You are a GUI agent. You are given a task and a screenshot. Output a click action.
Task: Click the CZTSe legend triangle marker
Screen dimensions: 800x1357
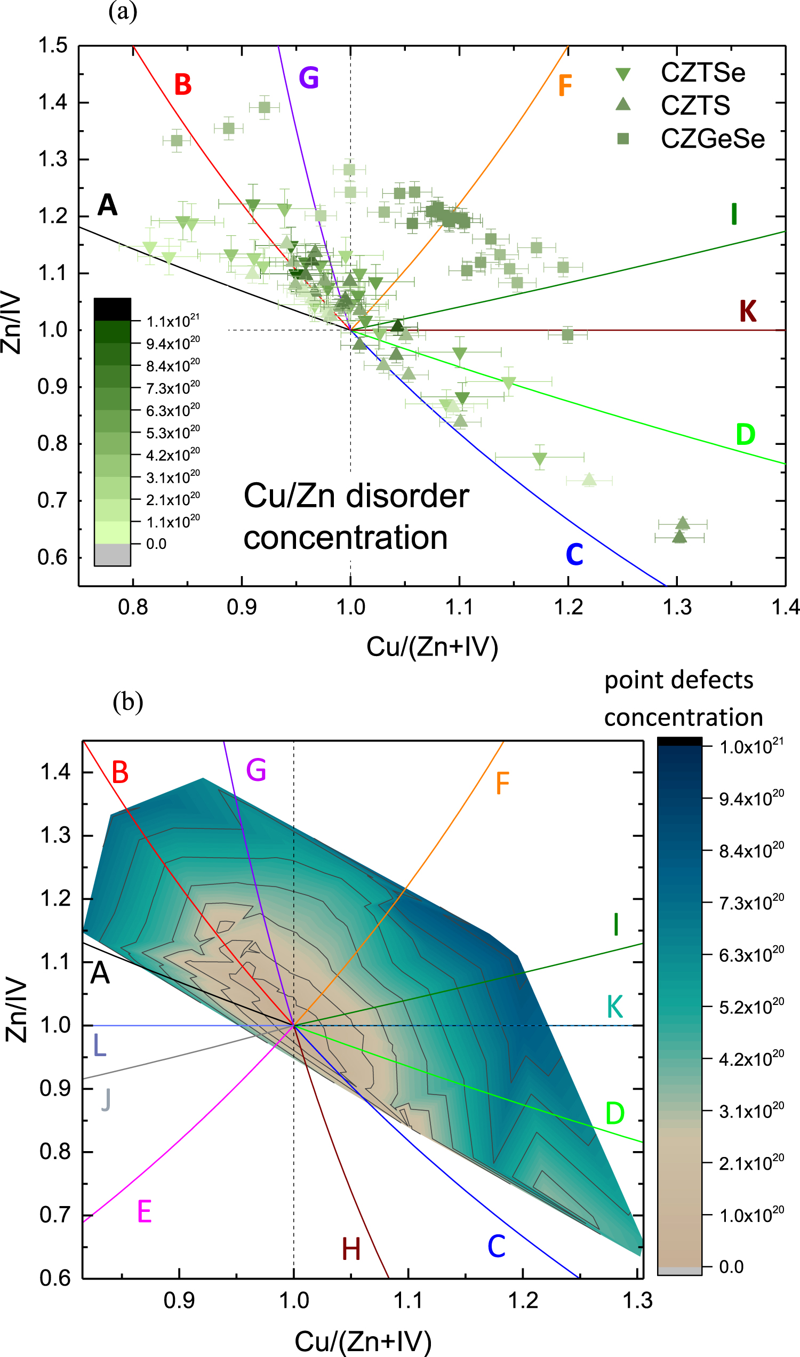pyautogui.click(x=623, y=74)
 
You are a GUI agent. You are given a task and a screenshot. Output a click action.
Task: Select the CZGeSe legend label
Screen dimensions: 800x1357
pyautogui.click(x=713, y=139)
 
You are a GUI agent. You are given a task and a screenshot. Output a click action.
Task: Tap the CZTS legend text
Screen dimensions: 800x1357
pyautogui.click(x=695, y=105)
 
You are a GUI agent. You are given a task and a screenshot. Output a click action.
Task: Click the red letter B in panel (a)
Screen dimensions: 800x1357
pyautogui.click(x=183, y=85)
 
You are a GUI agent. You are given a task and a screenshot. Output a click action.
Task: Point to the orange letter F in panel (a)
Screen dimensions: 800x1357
pyautogui.click(x=565, y=85)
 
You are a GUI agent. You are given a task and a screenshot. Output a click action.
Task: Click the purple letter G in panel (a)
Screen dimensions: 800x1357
pyautogui.click(x=309, y=78)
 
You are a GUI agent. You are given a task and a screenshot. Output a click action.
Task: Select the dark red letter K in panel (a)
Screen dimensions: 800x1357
pyautogui.click(x=748, y=311)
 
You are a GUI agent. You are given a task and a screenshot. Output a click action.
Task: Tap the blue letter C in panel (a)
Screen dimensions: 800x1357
pyautogui.click(x=574, y=554)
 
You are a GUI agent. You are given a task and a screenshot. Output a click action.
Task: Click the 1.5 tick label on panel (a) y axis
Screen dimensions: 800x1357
pyautogui.click(x=53, y=45)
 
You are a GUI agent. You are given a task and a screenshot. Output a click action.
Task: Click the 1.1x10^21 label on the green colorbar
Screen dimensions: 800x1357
pyautogui.click(x=173, y=321)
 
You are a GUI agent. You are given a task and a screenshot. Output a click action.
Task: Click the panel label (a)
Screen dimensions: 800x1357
pyautogui.click(x=123, y=11)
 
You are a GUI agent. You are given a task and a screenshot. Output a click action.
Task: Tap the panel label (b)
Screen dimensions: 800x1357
pyautogui.click(x=128, y=701)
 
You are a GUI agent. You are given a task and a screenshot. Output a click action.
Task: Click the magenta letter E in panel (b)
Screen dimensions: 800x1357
pyautogui.click(x=145, y=1212)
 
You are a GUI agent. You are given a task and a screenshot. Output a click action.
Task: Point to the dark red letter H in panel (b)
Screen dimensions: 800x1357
pyautogui.click(x=351, y=1249)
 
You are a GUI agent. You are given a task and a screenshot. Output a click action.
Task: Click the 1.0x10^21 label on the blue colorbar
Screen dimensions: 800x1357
pyautogui.click(x=751, y=746)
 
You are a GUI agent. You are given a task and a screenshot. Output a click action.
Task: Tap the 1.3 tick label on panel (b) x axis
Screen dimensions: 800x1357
pyautogui.click(x=638, y=1300)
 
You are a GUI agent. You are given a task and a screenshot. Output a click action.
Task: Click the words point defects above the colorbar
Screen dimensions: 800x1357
pyautogui.click(x=679, y=680)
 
